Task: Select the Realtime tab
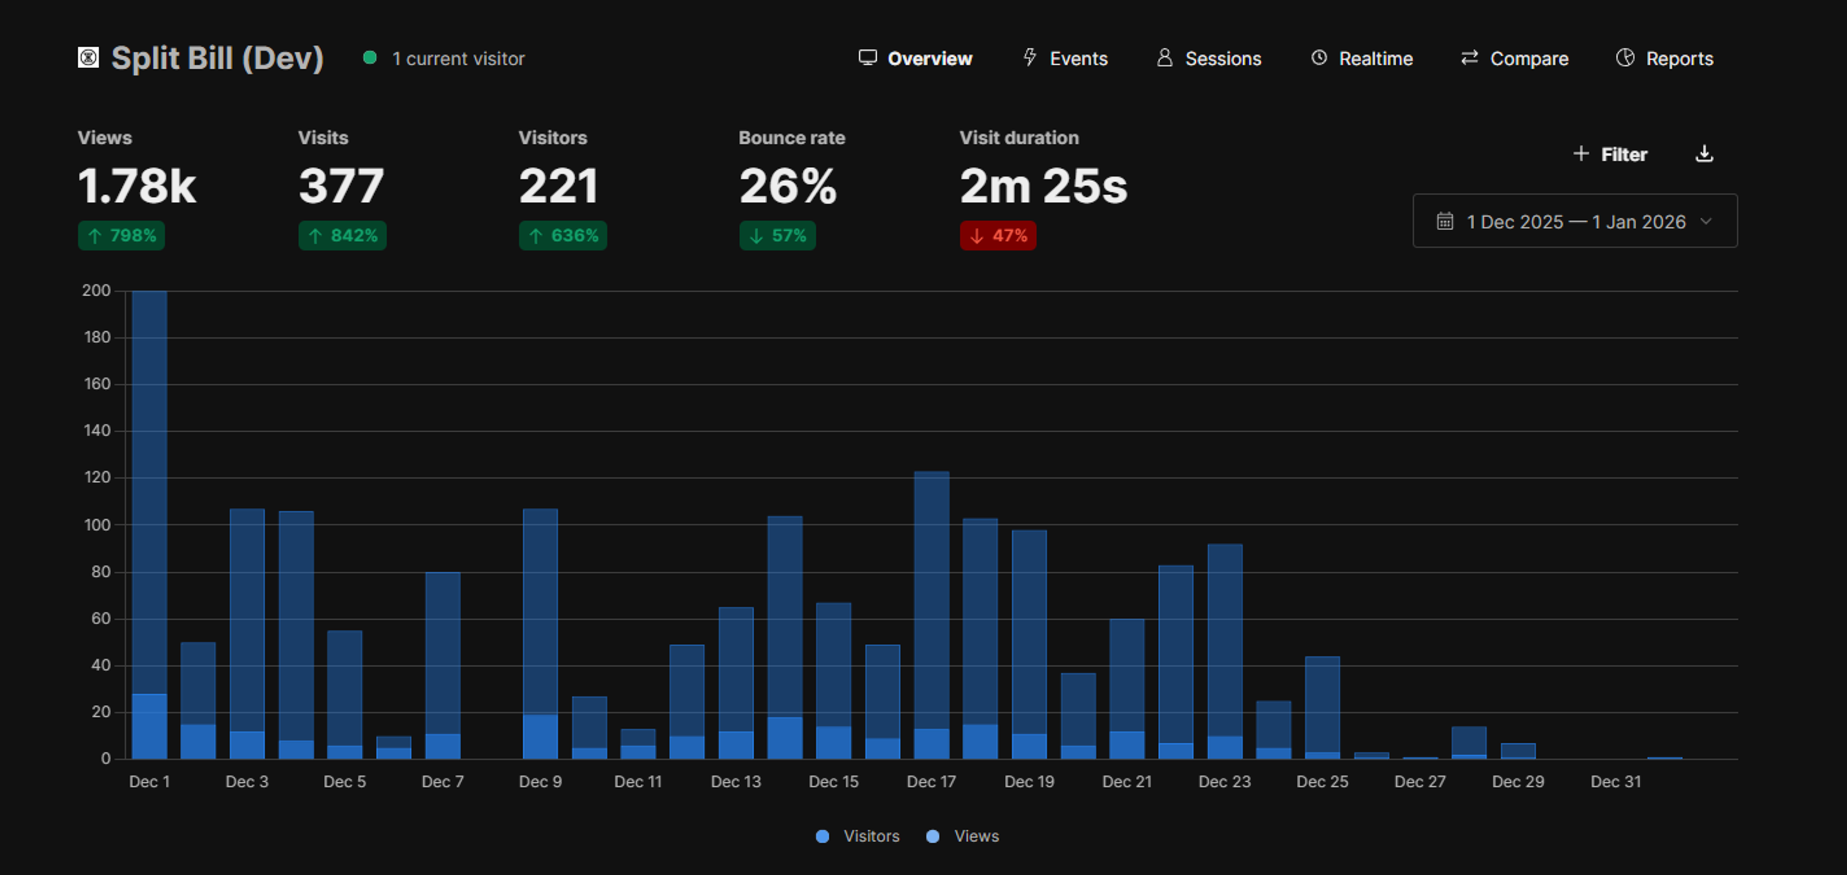pyautogui.click(x=1362, y=58)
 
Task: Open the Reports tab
pyautogui.click(x=1664, y=58)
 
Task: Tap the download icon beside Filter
pyautogui.click(x=1704, y=154)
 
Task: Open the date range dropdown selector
pyautogui.click(x=1575, y=222)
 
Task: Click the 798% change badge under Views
pyautogui.click(x=121, y=236)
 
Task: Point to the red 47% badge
pyautogui.click(x=998, y=236)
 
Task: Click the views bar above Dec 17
pyautogui.click(x=931, y=595)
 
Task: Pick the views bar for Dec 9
pyautogui.click(x=540, y=609)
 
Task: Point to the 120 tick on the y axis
pyautogui.click(x=98, y=477)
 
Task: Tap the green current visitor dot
pyautogui.click(x=370, y=58)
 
